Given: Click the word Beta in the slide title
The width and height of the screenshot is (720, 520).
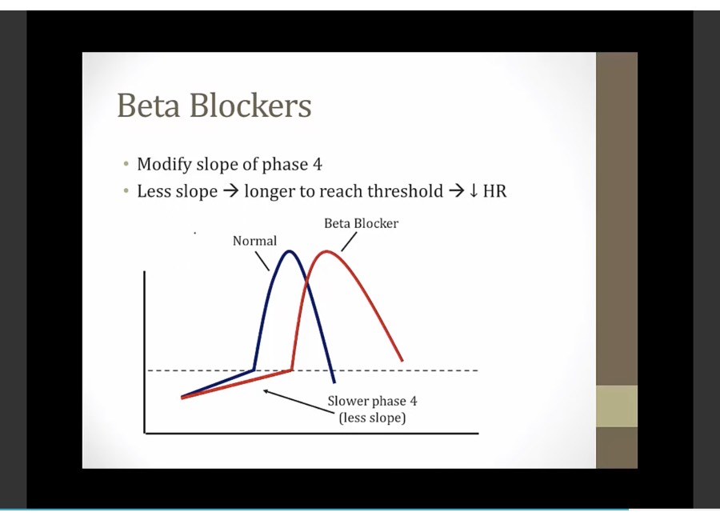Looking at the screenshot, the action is tap(148, 105).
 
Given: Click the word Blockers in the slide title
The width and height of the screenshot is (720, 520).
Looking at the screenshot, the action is tap(250, 105).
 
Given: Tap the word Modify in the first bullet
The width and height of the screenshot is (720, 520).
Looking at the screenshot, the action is tap(164, 165).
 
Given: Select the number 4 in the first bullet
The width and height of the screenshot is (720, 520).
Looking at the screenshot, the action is tap(318, 165).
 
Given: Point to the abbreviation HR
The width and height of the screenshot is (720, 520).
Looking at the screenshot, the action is tap(494, 191).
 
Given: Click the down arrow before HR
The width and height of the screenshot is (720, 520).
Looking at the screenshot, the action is tap(474, 191).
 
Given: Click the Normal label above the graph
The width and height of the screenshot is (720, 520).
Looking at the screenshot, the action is tap(255, 241).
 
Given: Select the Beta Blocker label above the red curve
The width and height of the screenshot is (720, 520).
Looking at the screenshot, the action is tap(362, 223).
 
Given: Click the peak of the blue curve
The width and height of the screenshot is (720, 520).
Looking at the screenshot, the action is tap(289, 251).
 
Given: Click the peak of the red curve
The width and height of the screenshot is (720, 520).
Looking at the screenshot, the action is tap(326, 251).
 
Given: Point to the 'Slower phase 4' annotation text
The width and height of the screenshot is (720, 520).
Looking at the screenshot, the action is tap(372, 401).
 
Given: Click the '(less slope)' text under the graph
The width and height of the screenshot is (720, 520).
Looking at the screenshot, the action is tap(372, 418).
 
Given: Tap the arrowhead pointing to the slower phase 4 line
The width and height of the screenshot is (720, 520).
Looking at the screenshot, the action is tap(266, 391).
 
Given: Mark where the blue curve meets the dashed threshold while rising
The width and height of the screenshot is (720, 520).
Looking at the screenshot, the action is tap(254, 370).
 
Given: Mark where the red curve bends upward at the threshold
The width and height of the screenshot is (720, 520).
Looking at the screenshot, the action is tap(292, 370).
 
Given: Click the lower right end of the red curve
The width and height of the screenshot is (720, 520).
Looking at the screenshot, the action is tap(402, 361).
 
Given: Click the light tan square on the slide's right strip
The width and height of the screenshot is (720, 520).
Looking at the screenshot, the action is tap(617, 406).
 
